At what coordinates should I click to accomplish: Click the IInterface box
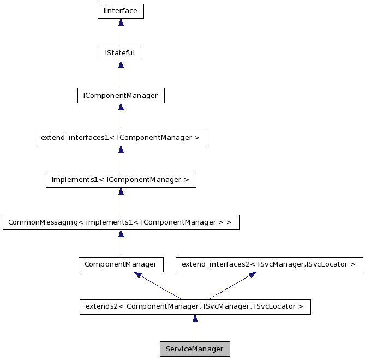[x=121, y=11]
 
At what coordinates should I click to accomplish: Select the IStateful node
[x=121, y=54]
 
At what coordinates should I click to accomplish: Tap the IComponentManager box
[x=121, y=96]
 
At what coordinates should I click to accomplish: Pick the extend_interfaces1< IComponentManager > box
[x=121, y=138]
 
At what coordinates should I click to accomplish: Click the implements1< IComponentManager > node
[x=121, y=180]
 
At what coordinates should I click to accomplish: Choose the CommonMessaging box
[x=121, y=222]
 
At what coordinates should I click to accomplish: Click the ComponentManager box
[x=121, y=264]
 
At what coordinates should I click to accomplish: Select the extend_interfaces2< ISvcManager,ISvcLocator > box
[x=268, y=264]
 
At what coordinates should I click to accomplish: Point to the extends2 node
[x=195, y=306]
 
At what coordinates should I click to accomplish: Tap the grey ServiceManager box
[x=195, y=349]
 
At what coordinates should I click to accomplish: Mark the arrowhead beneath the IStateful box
[x=121, y=65]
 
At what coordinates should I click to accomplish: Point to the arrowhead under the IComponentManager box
[x=121, y=107]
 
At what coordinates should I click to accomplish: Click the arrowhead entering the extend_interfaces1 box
[x=121, y=149]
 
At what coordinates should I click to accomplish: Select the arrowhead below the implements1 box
[x=121, y=192]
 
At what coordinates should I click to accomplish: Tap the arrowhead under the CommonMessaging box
[x=121, y=234]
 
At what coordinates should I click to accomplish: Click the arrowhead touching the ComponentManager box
[x=139, y=275]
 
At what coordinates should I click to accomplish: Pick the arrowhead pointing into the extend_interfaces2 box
[x=252, y=275]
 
